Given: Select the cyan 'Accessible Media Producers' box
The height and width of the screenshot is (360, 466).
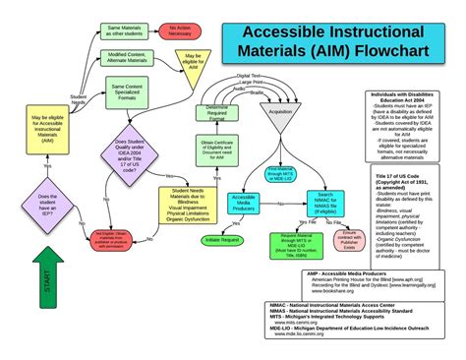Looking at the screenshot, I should coord(244,205).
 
